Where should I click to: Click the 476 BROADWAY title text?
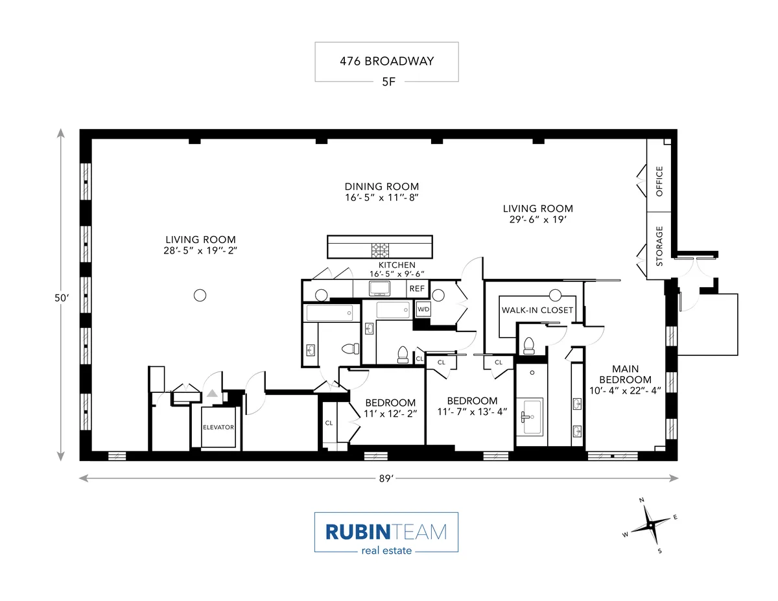point(386,62)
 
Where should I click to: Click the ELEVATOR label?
point(218,427)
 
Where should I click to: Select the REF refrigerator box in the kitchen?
point(417,289)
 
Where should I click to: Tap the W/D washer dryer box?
point(423,310)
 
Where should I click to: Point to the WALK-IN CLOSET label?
point(537,310)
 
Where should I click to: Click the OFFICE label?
point(659,181)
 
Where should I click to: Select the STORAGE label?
point(659,246)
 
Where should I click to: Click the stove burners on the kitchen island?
point(379,249)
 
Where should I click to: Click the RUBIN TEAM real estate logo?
point(386,533)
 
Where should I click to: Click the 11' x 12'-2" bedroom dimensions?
point(390,413)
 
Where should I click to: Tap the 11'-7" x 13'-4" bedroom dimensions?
point(472,412)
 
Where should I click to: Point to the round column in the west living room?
point(200,295)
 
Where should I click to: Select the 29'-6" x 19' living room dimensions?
point(538,220)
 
